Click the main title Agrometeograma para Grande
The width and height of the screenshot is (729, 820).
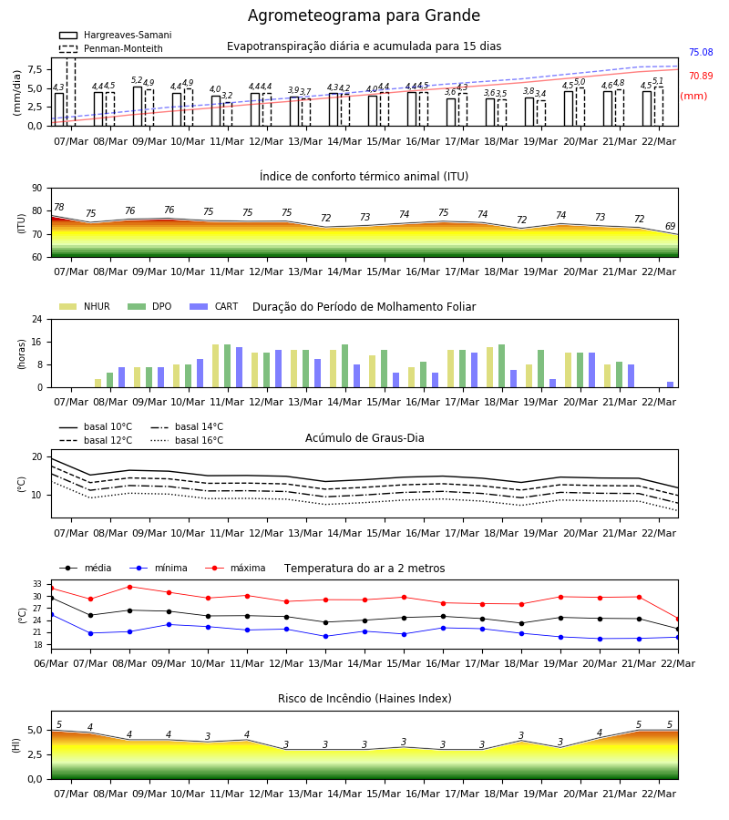tap(364, 15)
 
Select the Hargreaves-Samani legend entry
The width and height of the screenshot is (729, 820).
tap(115, 35)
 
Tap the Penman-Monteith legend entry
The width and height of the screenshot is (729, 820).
tap(111, 48)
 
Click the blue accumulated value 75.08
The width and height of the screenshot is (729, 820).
tap(701, 52)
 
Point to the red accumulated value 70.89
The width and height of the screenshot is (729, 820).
tap(701, 76)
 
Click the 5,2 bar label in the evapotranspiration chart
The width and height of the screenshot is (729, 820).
tap(137, 80)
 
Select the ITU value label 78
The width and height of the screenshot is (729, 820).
tap(58, 207)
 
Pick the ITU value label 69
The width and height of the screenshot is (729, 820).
tap(670, 226)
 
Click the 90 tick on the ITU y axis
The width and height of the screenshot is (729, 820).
tap(37, 189)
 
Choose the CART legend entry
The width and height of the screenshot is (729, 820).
tap(213, 306)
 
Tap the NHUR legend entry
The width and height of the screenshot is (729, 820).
tap(85, 306)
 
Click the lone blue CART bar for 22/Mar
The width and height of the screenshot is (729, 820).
tap(670, 384)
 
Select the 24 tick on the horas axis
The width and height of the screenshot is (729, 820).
tap(37, 319)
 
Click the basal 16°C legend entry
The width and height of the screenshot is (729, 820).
tap(187, 440)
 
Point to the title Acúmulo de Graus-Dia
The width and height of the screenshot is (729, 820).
tap(364, 437)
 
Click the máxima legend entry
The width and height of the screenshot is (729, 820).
tap(235, 568)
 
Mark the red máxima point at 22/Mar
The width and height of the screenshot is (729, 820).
tap(678, 619)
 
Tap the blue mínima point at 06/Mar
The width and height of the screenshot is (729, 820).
tap(51, 614)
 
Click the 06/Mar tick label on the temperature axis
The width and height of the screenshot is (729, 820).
tap(51, 663)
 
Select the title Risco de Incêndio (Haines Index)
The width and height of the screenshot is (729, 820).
tap(364, 698)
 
